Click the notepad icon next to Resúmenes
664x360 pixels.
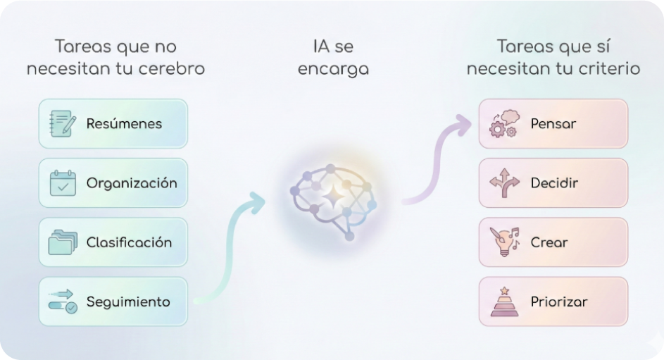coord(63,123)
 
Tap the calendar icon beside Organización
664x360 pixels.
coord(63,182)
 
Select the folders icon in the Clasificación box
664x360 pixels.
coord(63,242)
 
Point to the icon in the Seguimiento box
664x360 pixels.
coord(63,302)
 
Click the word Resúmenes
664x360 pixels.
coord(124,124)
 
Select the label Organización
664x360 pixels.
coord(132,183)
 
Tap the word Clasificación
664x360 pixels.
coord(129,242)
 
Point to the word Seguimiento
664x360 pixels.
coord(128,302)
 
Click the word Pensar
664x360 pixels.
coord(553,124)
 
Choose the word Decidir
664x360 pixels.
coord(555,183)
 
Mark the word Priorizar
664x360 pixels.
coord(559,302)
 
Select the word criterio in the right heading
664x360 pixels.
coord(610,69)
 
